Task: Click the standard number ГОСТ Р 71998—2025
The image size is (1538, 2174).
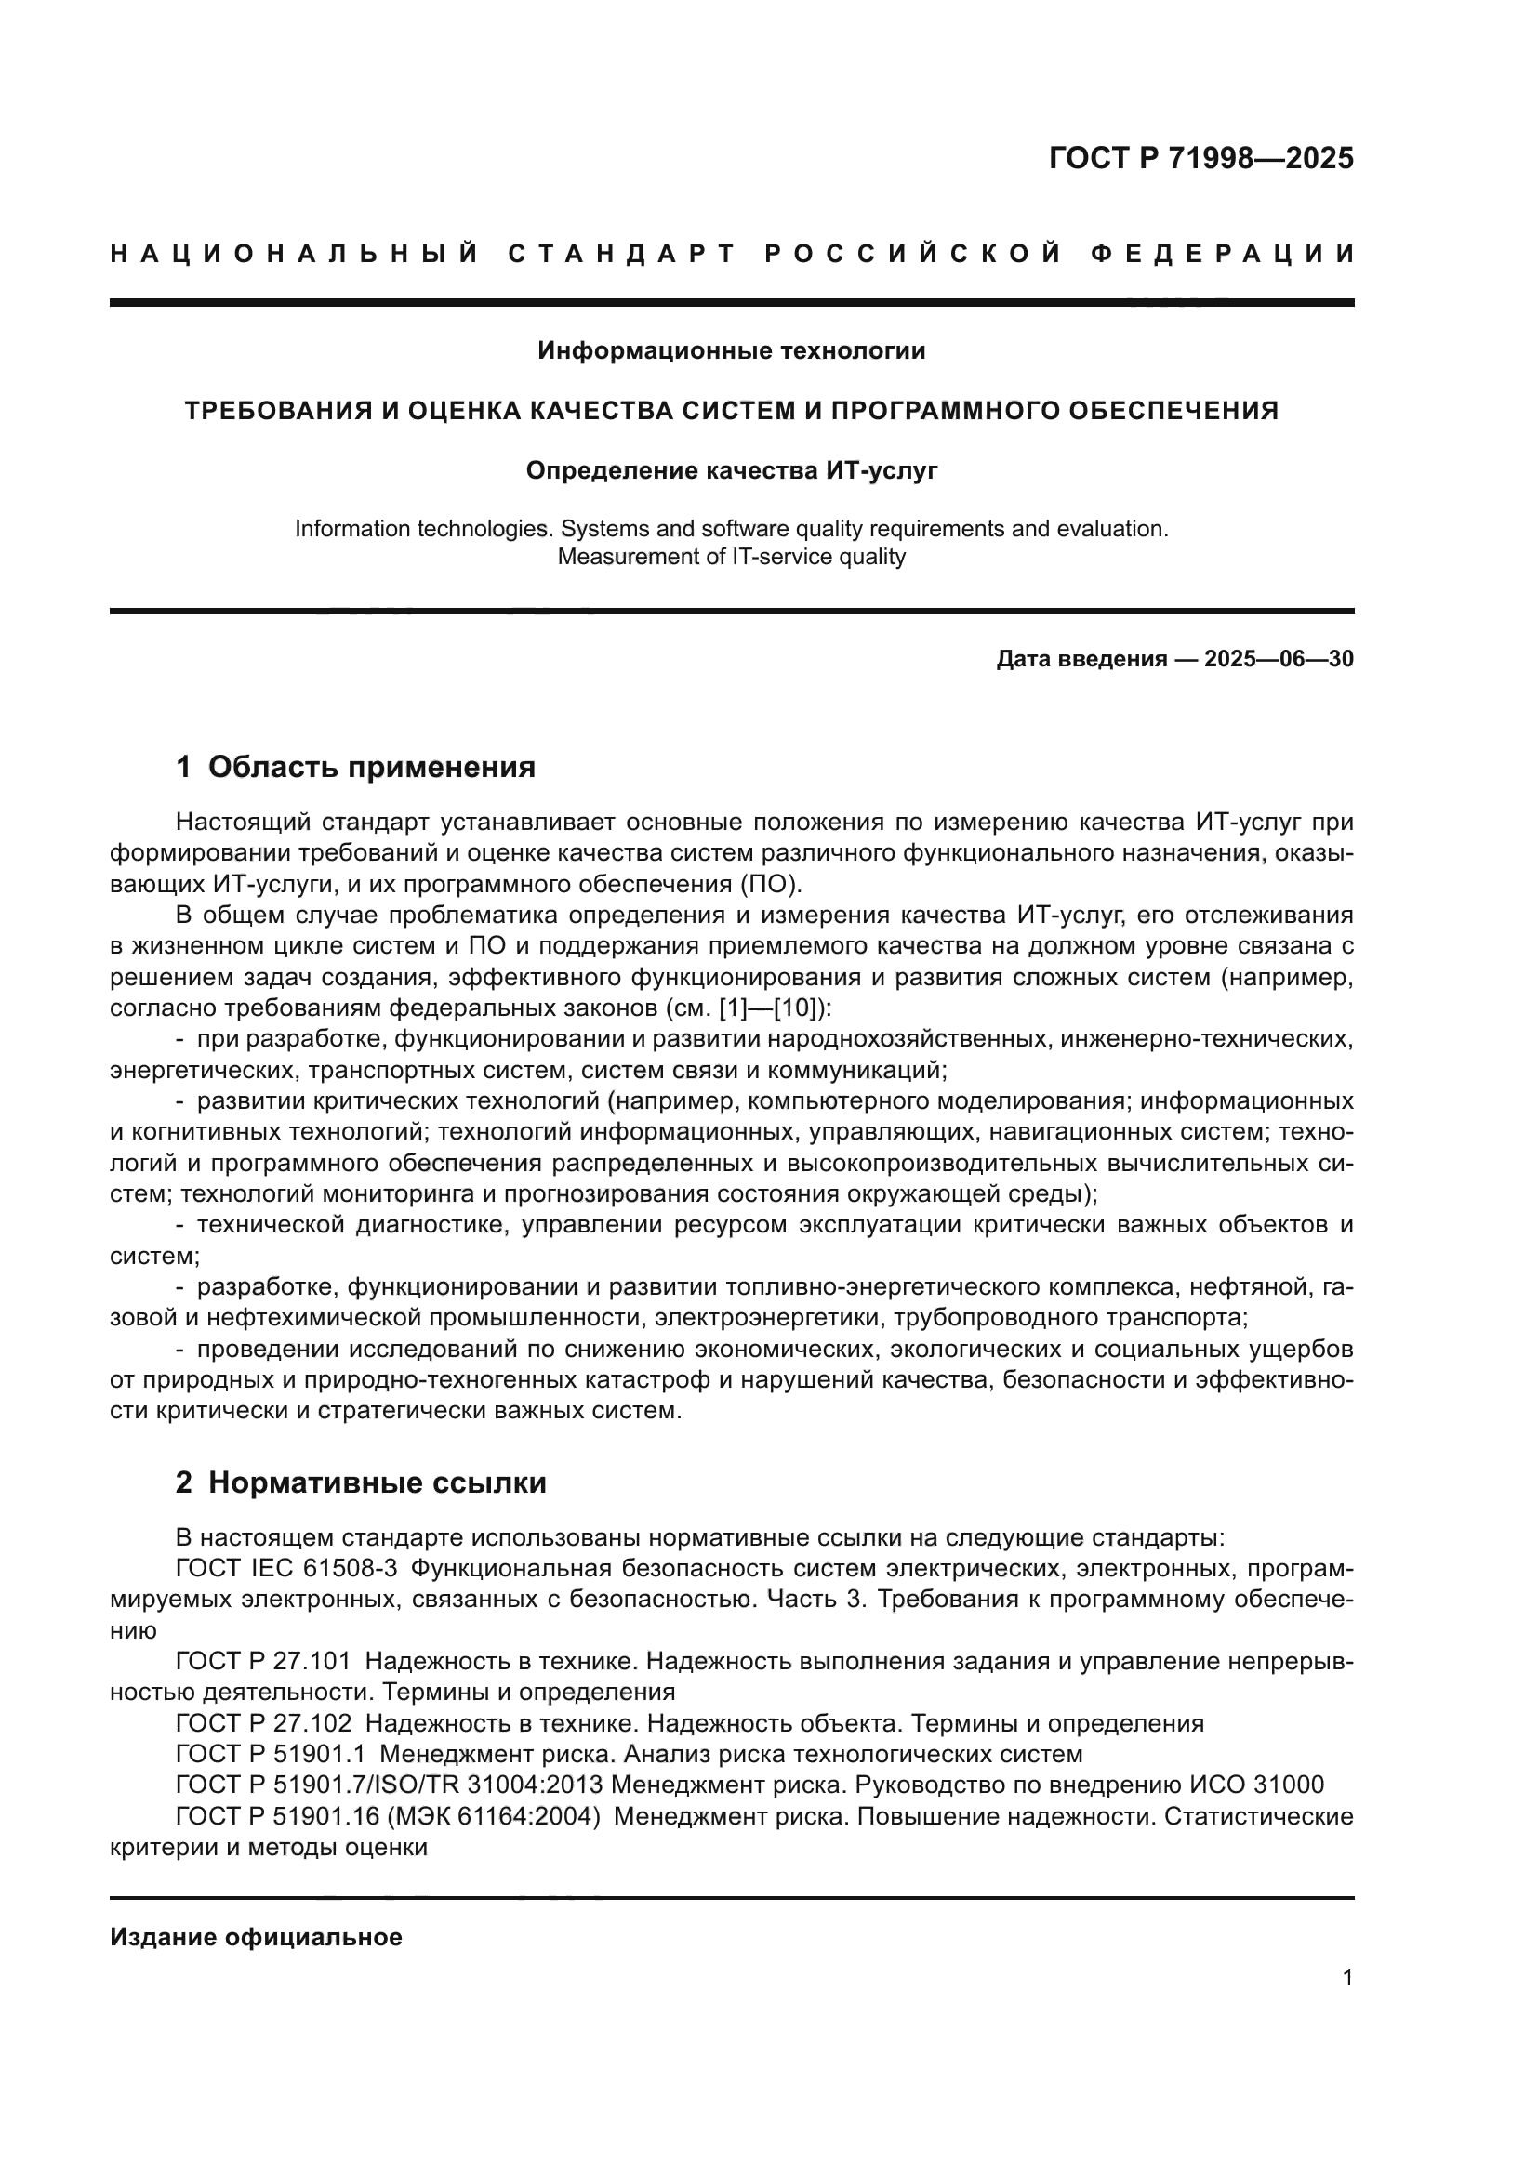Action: coord(1200,158)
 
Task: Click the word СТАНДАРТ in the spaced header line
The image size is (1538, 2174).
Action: coord(622,254)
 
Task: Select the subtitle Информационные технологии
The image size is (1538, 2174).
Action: coord(731,351)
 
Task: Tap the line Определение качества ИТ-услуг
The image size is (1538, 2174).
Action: coord(731,470)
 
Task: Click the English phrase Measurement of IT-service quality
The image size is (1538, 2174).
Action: coord(731,557)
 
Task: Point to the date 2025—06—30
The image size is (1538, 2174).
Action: coord(1279,659)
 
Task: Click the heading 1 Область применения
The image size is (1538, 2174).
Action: coord(356,767)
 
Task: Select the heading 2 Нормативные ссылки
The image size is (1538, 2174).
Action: coord(361,1482)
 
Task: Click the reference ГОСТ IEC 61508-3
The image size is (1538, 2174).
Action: coord(287,1569)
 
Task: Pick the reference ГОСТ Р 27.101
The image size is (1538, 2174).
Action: coord(263,1662)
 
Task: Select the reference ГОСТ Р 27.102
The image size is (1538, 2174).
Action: coord(263,1723)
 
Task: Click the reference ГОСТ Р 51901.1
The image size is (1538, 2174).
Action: coord(270,1755)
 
